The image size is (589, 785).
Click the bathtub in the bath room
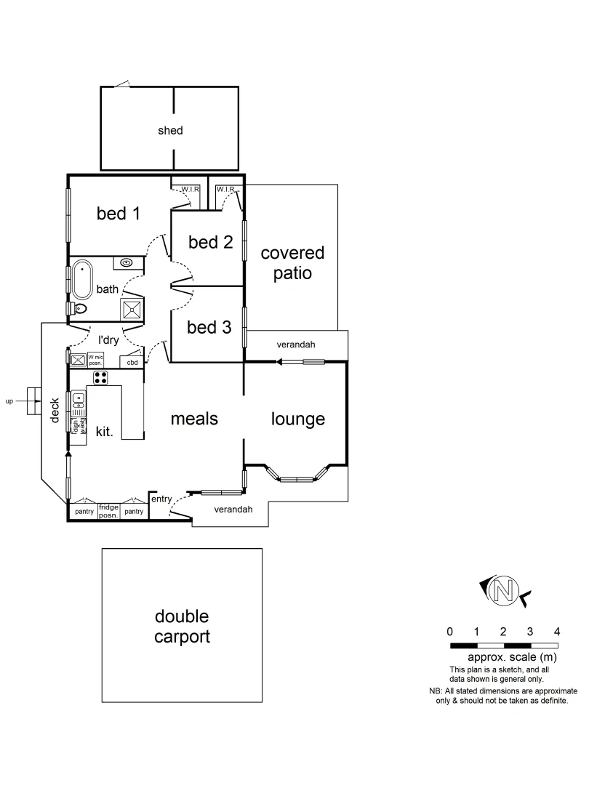pos(82,279)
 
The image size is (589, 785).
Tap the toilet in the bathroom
pos(79,309)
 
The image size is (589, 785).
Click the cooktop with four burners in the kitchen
pos(100,377)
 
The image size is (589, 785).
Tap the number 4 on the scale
pos(557,631)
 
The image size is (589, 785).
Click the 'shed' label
pos(170,131)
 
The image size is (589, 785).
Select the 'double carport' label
pos(182,627)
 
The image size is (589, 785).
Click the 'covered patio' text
pos(292,263)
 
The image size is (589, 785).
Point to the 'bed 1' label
pos(119,214)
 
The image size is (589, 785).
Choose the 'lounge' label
pos(298,419)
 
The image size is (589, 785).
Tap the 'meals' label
pos(194,419)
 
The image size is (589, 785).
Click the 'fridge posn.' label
pos(108,510)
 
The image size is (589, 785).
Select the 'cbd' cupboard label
pos(132,361)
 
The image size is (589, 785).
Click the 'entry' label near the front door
pos(161,499)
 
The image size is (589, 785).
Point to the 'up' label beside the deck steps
pos(9,400)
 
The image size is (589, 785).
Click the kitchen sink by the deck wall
pos(79,400)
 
